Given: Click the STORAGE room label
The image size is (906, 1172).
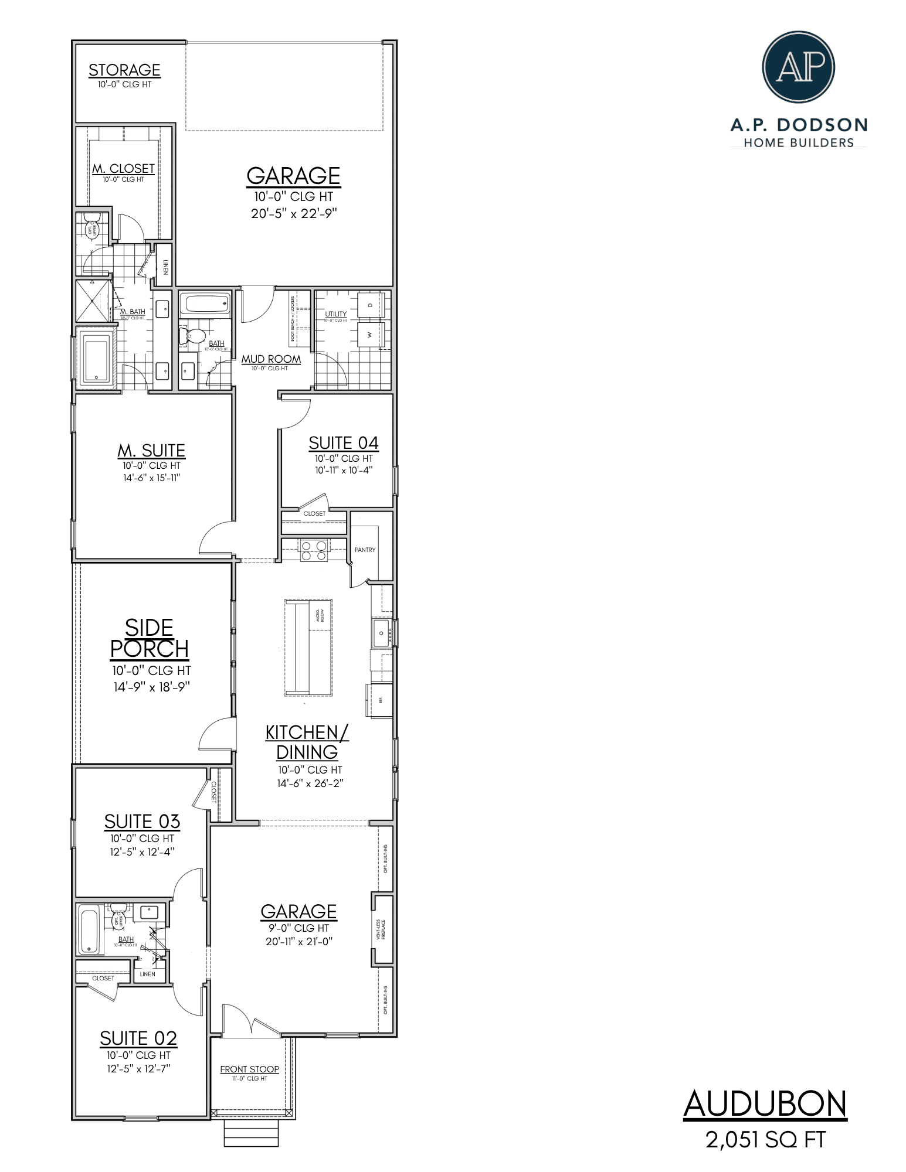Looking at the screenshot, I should pos(124,70).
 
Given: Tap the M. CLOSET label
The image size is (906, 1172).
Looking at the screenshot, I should pos(123,169).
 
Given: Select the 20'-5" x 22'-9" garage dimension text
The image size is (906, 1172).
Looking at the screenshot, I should pos(294,213).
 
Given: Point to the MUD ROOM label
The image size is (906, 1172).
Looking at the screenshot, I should pos(271,359).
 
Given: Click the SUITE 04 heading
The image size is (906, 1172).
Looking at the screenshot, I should pos(344,443).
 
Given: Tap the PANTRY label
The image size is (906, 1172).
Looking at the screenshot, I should pos(365,550).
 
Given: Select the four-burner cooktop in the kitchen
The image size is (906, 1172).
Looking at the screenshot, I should pos(314,551).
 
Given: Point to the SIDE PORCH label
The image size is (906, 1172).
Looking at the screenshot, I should pos(150,638).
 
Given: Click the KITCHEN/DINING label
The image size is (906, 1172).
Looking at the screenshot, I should pos(307,742).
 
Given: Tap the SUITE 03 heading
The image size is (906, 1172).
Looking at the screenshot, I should pos(142,822).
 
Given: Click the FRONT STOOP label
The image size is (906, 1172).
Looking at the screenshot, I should pos(249,1069).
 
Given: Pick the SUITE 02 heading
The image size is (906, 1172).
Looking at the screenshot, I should pos(138,1038).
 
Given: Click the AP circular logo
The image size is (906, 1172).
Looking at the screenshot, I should pos(798,68).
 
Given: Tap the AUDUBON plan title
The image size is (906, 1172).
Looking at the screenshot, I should pos(765,1104).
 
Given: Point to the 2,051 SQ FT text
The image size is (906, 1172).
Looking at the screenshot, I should pos(765,1140).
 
